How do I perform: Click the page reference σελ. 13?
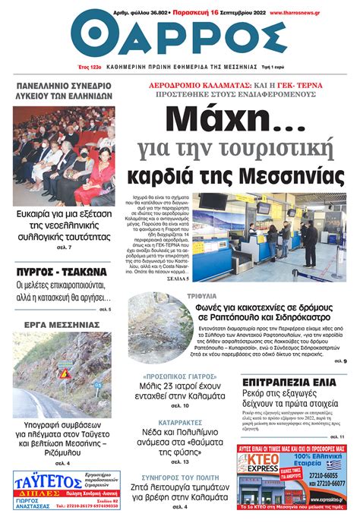click(x=180, y=462)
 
